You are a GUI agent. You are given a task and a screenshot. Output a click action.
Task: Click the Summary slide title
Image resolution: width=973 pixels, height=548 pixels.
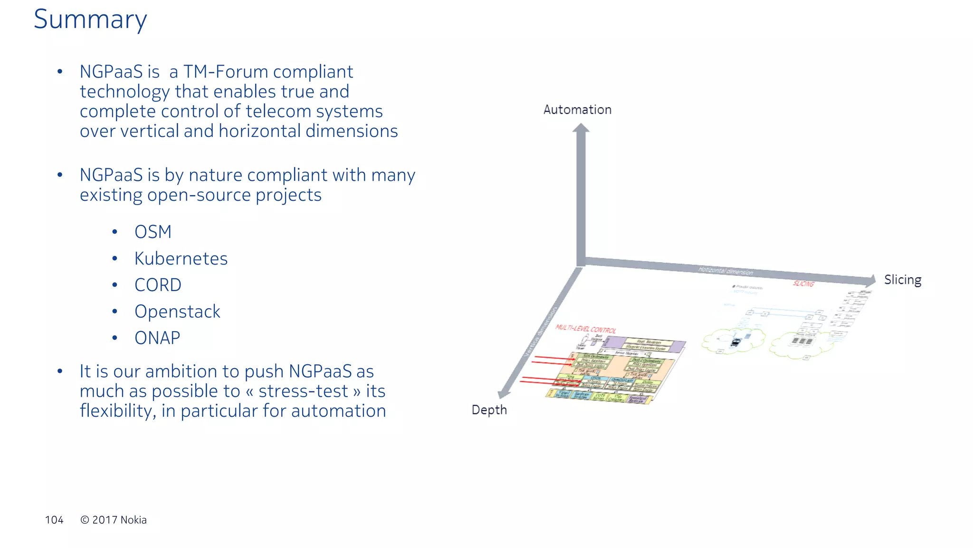tap(90, 20)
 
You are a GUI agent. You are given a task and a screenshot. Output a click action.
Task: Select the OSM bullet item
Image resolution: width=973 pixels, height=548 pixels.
tap(153, 232)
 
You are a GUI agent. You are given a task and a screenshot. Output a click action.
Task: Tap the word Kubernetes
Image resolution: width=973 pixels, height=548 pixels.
tap(181, 259)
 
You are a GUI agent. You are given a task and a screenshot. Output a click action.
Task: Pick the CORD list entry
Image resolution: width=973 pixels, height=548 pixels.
tap(158, 285)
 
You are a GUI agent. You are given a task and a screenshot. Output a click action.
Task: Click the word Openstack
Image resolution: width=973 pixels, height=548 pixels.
tap(177, 312)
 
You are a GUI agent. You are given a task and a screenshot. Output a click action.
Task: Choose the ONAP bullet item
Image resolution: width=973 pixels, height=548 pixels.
tap(157, 338)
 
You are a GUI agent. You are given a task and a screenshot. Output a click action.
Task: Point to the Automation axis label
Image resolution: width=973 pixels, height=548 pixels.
tap(577, 110)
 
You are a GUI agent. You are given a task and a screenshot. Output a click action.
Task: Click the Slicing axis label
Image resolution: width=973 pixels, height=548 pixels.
tap(902, 280)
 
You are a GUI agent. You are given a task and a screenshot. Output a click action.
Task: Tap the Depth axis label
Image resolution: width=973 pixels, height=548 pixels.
tap(489, 410)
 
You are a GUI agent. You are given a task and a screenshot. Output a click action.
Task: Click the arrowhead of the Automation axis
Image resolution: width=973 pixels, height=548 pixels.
tap(581, 128)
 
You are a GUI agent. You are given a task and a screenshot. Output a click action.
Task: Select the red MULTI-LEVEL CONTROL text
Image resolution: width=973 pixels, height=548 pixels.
tap(585, 329)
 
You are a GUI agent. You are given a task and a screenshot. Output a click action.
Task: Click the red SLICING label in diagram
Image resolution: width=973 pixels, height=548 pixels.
tap(803, 284)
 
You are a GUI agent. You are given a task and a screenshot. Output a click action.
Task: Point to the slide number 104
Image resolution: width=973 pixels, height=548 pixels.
tap(54, 520)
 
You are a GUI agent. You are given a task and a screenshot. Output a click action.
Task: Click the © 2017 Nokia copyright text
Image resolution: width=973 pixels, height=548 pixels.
tap(114, 520)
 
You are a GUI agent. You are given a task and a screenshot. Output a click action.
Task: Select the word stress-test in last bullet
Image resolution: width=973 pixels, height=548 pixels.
tap(303, 391)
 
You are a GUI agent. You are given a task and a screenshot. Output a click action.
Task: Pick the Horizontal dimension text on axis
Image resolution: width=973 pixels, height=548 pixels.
tap(725, 271)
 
